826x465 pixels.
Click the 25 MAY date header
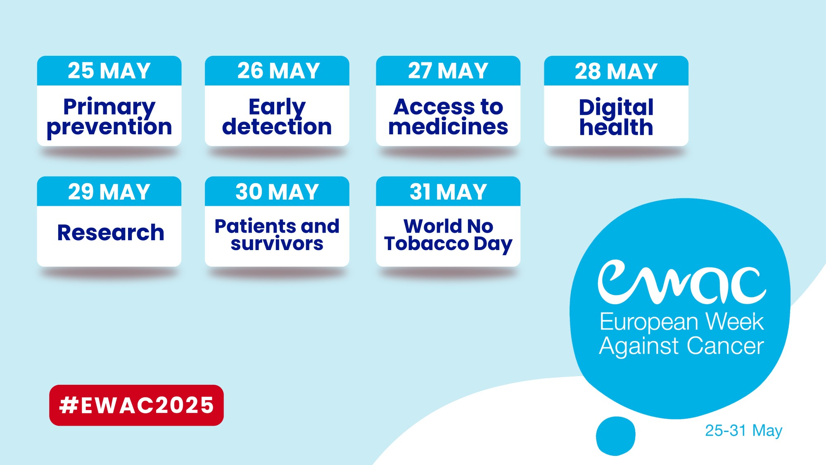click(109, 71)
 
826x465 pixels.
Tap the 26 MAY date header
click(277, 71)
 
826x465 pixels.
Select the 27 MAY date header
click(448, 71)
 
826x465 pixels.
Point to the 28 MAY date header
click(616, 71)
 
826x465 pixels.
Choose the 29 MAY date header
click(109, 191)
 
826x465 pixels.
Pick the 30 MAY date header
click(277, 191)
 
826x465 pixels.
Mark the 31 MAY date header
click(448, 191)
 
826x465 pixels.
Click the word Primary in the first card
click(109, 107)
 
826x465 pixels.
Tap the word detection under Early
click(277, 126)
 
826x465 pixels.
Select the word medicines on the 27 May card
click(448, 126)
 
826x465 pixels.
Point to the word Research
click(111, 232)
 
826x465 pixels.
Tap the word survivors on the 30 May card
click(277, 244)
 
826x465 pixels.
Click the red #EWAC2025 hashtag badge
click(136, 405)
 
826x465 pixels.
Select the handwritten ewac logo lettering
click(681, 282)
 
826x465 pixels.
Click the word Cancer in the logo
click(725, 346)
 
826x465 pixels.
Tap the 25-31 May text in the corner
click(743, 431)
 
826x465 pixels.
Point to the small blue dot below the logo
click(615, 436)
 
